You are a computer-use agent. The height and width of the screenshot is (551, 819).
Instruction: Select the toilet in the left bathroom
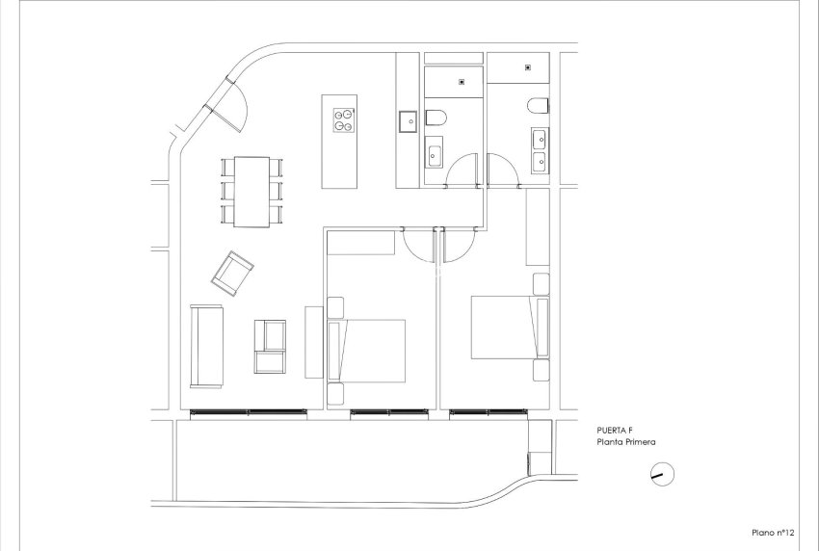coord(436,118)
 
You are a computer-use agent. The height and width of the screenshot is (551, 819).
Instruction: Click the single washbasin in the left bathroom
coord(434,151)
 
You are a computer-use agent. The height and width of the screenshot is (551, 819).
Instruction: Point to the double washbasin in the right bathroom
coord(539,150)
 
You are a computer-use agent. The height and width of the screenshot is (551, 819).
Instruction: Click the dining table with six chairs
coord(251,191)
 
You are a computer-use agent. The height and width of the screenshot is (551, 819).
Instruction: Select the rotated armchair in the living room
coord(232,273)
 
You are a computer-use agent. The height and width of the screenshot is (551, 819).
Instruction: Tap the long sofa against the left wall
coord(206,345)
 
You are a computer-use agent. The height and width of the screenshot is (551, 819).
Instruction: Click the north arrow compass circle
coord(662,474)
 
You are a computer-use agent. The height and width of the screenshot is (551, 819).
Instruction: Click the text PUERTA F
coord(617,432)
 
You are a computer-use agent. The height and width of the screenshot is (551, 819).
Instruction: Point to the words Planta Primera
coord(628,443)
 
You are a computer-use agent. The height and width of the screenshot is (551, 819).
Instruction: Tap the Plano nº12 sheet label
coord(773,531)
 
